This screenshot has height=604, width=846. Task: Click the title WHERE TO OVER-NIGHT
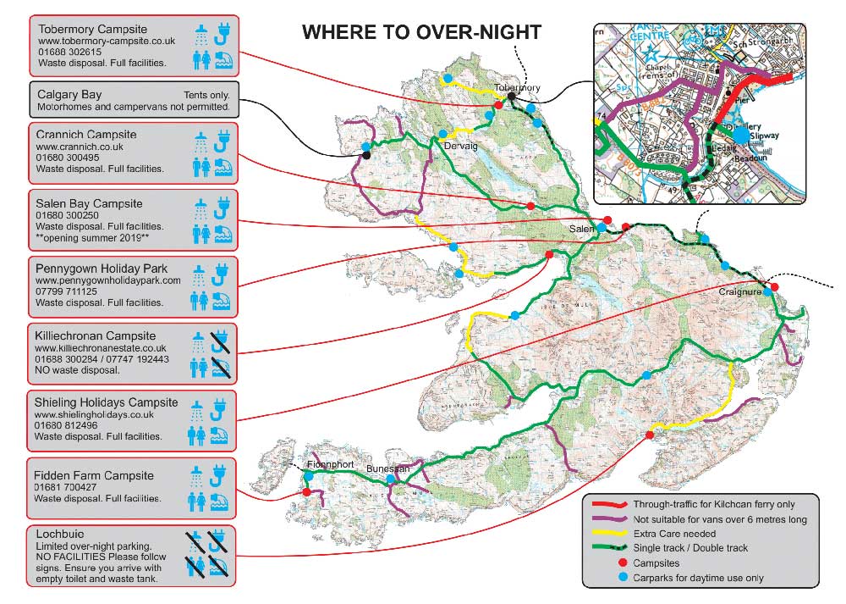click(421, 33)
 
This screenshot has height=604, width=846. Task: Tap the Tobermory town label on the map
click(517, 87)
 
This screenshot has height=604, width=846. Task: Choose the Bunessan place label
click(387, 468)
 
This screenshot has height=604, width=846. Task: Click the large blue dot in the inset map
click(741, 134)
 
